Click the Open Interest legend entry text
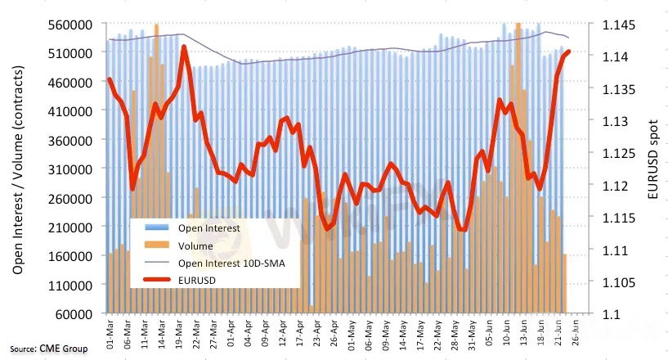click(x=209, y=228)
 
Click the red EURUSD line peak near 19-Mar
click(x=184, y=47)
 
